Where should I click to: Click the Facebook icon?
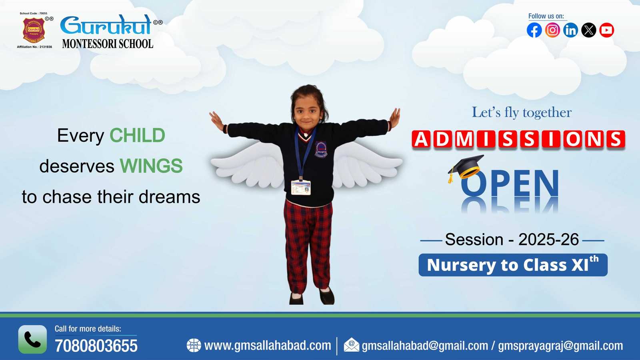534,30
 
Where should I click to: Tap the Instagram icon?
552,30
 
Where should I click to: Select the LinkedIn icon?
570,30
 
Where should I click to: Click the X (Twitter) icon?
588,30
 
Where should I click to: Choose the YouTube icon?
606,30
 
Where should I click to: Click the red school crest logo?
34,30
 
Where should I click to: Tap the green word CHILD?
137,136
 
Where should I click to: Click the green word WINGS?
151,166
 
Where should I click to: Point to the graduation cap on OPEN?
466,166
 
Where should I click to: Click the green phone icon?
32,339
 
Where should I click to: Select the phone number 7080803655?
96,346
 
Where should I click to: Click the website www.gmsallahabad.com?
267,345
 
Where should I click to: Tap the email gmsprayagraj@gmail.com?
560,346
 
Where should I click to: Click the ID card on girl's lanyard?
301,187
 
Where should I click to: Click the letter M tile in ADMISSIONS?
464,140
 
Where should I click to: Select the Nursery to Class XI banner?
513,265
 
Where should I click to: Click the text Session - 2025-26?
512,240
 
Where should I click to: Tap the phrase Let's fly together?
522,112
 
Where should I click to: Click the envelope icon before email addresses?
351,345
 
